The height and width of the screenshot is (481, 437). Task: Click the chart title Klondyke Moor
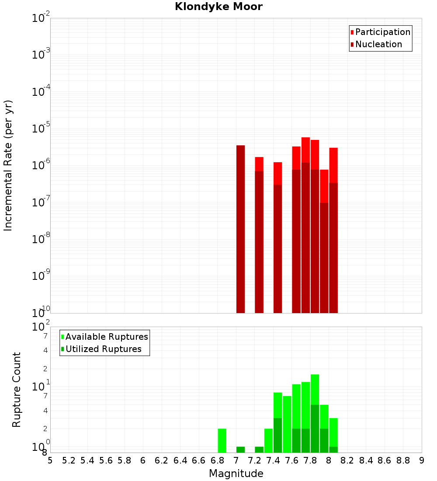(x=218, y=7)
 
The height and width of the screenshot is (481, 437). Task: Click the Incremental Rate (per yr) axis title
(x=8, y=165)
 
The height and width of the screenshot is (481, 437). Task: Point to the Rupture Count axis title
(x=17, y=389)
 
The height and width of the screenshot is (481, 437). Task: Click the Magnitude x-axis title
(x=236, y=474)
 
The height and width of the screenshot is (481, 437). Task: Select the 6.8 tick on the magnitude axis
(x=217, y=460)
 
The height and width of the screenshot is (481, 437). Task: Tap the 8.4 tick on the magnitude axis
(x=366, y=460)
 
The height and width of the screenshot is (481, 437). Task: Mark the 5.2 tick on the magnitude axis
(x=69, y=460)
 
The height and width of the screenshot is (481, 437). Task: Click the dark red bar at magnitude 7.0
(x=240, y=227)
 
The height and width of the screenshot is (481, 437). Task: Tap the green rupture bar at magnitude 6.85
(x=222, y=440)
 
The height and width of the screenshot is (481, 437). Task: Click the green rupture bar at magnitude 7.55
(x=287, y=424)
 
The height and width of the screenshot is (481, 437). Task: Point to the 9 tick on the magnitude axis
(x=422, y=460)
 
